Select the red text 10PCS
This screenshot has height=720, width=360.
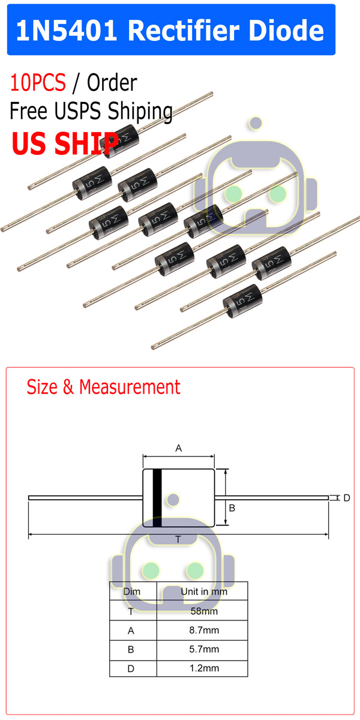(x=38, y=83)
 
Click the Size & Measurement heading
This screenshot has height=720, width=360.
(x=103, y=386)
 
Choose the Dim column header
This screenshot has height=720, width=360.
(x=132, y=592)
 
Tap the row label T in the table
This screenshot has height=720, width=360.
(x=132, y=611)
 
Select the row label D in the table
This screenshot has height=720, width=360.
(x=132, y=668)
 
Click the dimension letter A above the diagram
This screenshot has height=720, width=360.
(x=178, y=448)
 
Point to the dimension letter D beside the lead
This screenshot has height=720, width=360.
(x=346, y=498)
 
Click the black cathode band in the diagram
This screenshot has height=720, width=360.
(x=158, y=498)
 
